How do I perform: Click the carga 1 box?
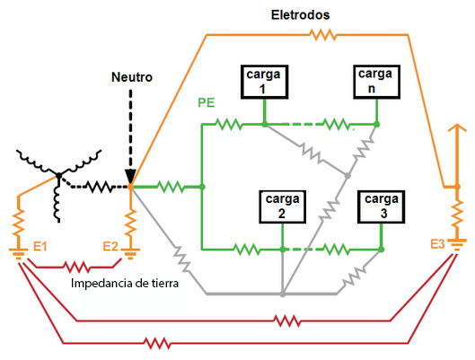click(x=265, y=82)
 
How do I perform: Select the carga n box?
click(x=377, y=82)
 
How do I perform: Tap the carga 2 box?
click(x=282, y=206)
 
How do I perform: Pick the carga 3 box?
click(x=382, y=206)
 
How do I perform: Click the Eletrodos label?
click(x=300, y=15)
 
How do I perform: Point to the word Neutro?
click(x=132, y=77)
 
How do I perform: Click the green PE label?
click(x=207, y=103)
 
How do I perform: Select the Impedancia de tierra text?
click(x=125, y=284)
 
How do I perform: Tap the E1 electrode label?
click(x=40, y=247)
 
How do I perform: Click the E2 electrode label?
click(x=110, y=247)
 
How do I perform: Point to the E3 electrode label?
click(x=437, y=244)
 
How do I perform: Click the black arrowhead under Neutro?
click(x=130, y=177)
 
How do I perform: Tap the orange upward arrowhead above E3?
click(x=457, y=127)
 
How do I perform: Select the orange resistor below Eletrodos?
click(x=323, y=35)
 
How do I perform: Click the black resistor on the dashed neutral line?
click(x=99, y=187)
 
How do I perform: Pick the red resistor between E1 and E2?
click(x=76, y=267)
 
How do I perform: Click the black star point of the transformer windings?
click(x=59, y=176)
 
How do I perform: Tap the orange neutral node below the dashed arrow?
click(x=130, y=187)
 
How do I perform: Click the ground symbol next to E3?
click(x=457, y=245)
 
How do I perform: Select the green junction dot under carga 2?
click(x=283, y=250)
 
